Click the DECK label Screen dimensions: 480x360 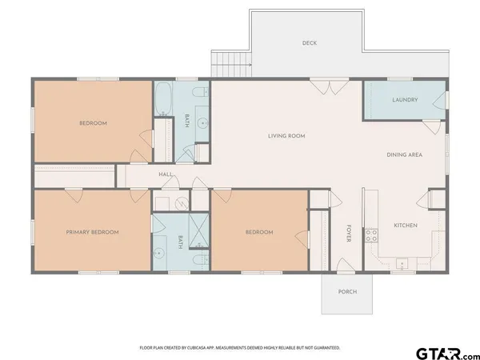point(309,43)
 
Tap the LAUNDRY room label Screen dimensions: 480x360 point(405,100)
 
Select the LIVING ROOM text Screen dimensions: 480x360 point(286,136)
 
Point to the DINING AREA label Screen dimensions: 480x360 point(404,155)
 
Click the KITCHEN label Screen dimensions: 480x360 point(406,226)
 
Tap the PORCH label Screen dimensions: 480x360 point(347,292)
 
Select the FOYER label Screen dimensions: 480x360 point(349,234)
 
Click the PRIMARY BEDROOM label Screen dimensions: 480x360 point(92,232)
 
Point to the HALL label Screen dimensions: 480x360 point(166,174)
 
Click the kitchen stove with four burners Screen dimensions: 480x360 point(371,235)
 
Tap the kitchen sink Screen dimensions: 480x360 point(402,263)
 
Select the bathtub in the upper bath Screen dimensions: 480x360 point(162,98)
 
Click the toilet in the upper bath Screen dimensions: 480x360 point(201,91)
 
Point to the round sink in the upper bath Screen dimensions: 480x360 point(202,123)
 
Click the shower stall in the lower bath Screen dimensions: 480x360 point(198,230)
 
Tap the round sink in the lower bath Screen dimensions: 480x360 point(158,253)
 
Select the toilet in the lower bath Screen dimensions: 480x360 point(201,260)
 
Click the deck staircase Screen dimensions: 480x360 point(231,64)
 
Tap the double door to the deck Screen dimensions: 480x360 point(330,87)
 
